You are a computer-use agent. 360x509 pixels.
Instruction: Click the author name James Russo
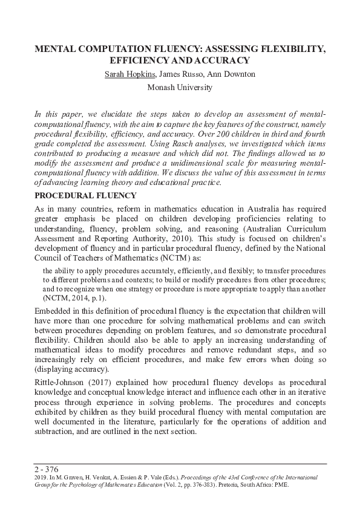[x=179, y=74]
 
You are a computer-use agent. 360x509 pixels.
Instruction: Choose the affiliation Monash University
[x=180, y=88]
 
